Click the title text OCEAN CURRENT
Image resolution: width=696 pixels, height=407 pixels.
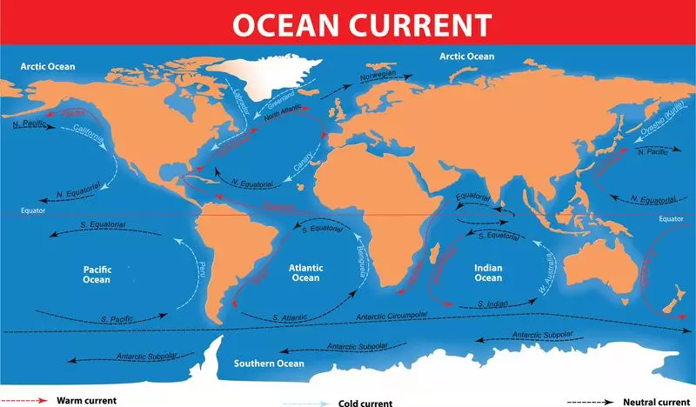[x=347, y=23]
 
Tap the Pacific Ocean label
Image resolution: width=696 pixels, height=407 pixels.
[x=97, y=274]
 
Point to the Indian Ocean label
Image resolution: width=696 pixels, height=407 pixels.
[x=487, y=272]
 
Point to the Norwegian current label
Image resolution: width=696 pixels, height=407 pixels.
[x=378, y=76]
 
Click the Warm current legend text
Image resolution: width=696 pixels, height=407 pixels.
[x=86, y=401]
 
